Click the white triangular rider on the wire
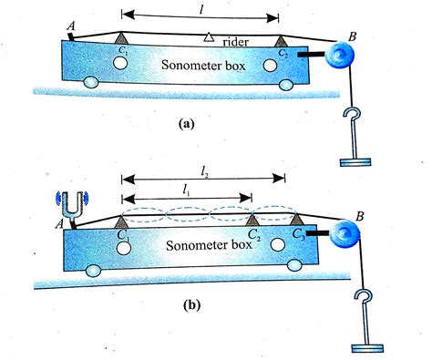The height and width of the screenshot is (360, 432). (x=208, y=37)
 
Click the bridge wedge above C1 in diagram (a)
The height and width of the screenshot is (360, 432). (x=120, y=36)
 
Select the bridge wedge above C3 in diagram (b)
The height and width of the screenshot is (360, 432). (x=297, y=219)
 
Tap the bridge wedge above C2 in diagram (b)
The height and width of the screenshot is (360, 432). (x=252, y=220)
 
